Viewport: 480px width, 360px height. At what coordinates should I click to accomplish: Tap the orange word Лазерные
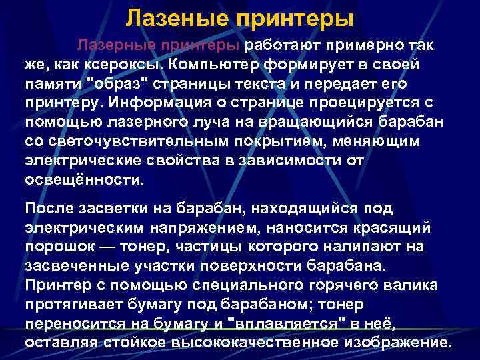(117, 45)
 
